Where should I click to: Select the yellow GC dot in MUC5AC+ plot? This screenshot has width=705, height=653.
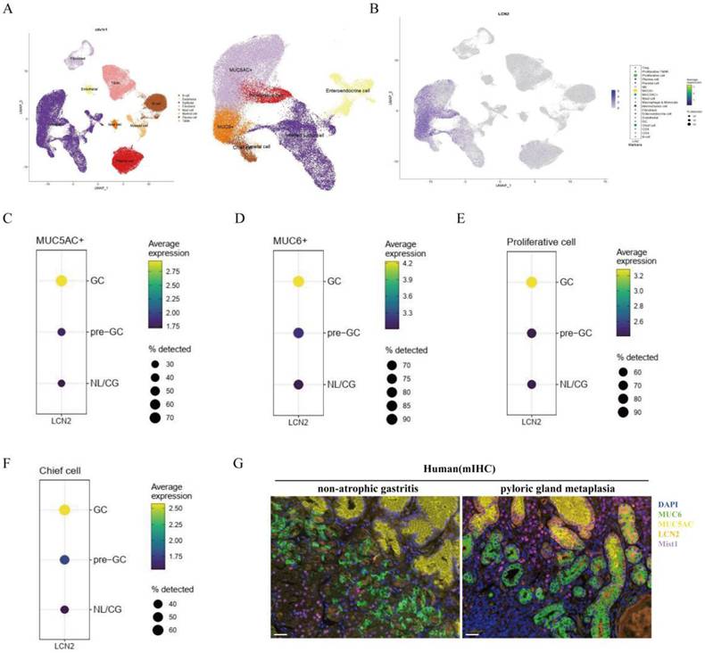62,280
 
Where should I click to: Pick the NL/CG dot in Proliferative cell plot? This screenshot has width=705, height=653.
532,384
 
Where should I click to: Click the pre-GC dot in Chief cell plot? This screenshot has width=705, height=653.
63,559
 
